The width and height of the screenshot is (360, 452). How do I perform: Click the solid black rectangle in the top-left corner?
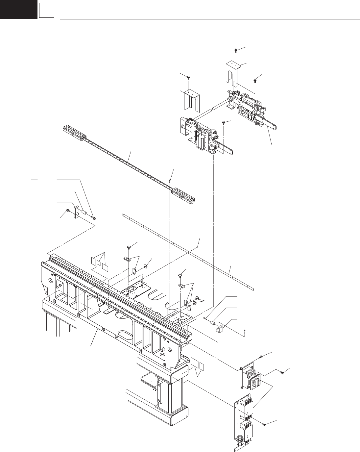(x=18, y=9)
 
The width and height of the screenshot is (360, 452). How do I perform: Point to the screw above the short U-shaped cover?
(x=188, y=77)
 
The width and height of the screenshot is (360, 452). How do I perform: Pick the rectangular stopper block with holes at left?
(x=77, y=212)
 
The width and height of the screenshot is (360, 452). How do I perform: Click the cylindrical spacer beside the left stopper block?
(x=84, y=213)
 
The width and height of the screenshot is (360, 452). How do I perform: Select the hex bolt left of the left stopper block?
(x=68, y=210)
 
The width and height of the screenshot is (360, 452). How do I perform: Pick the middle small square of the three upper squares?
(x=98, y=262)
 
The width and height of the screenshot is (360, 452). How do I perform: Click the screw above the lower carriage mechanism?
(x=224, y=123)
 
